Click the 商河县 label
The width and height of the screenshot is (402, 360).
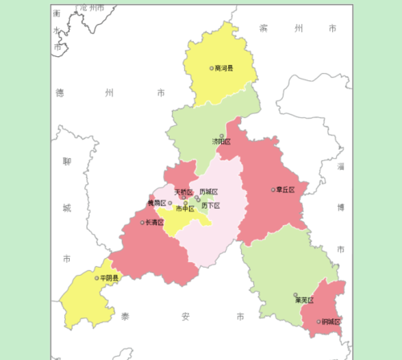click(224, 68)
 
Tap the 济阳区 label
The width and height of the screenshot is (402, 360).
click(221, 141)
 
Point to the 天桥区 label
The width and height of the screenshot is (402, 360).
click(183, 192)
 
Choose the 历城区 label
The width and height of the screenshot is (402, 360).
click(208, 192)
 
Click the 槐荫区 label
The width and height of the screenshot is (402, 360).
click(156, 203)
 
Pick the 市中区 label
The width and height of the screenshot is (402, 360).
click(185, 209)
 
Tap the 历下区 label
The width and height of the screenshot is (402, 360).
click(211, 206)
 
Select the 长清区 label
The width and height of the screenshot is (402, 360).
click(154, 223)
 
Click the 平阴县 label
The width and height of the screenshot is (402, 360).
click(109, 278)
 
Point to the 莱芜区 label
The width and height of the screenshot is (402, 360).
click(304, 301)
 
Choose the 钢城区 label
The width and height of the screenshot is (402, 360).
click(331, 322)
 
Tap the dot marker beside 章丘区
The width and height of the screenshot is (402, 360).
click(273, 190)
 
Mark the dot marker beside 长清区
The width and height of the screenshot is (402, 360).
click(142, 223)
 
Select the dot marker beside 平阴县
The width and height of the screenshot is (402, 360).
click(97, 278)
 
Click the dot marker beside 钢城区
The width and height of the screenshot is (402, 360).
click(319, 322)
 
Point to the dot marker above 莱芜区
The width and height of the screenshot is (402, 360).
click(296, 295)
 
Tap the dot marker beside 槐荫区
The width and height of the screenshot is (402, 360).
click(170, 203)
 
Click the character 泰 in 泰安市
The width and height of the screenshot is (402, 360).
click(125, 317)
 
